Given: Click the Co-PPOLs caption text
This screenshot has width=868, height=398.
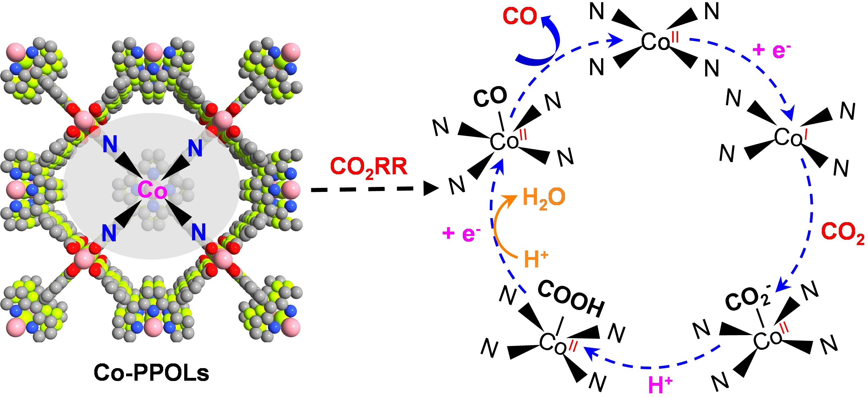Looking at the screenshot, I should tap(151, 373).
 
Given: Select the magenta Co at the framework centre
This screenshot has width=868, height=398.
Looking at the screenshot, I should tap(152, 190).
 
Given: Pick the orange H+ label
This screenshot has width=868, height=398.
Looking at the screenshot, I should tap(536, 259).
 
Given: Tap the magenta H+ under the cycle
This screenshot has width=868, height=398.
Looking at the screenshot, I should tap(660, 385).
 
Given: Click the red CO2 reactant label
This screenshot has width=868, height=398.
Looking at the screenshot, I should tap(843, 232).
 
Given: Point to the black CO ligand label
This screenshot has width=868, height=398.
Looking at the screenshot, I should tap(490, 97).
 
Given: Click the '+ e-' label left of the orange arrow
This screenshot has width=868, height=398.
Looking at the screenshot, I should tap(461, 233).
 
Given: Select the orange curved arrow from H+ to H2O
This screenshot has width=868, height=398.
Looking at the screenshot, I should tap(499, 226).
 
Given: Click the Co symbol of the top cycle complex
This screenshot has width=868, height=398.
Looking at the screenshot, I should tap(655, 43).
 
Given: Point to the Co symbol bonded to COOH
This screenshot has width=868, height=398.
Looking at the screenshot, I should tap(553, 343).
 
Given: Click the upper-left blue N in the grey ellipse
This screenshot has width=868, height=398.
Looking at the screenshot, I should tap(110, 144).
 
